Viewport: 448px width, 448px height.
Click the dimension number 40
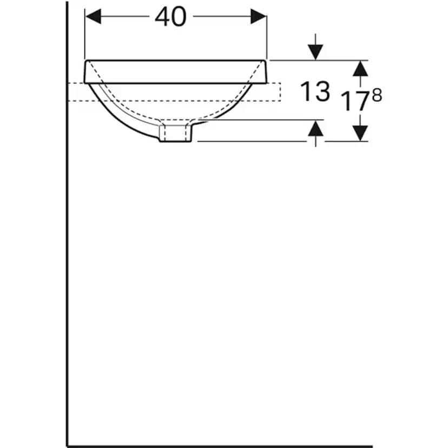(170, 17)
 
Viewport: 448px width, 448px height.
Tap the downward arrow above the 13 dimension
(315, 51)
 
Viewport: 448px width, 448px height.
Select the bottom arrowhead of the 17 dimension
(360, 133)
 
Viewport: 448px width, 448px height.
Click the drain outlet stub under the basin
(175, 133)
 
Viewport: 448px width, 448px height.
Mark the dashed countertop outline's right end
(281, 92)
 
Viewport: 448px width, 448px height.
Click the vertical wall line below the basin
(67, 271)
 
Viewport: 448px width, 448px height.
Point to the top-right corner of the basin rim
(267, 61)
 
